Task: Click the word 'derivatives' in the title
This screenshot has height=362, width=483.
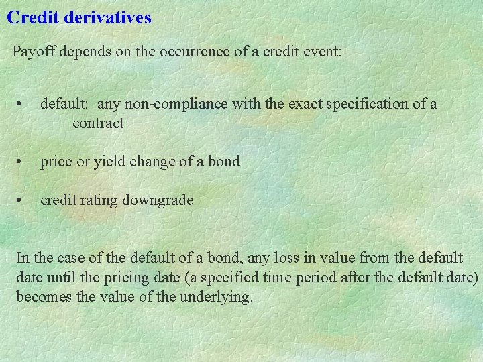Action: [x=108, y=17]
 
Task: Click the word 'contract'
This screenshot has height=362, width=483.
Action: [x=98, y=123]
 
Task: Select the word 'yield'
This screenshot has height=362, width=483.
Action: [x=111, y=162]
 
